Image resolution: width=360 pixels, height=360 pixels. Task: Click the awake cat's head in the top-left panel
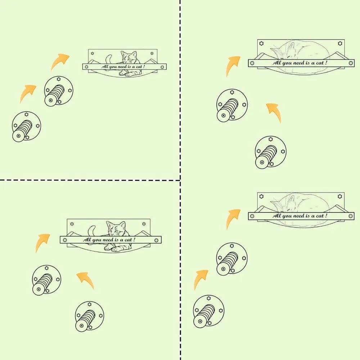point(129,57)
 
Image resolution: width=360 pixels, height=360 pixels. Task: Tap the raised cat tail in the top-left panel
point(109,58)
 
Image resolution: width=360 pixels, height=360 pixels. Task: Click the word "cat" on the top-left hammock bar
point(139,67)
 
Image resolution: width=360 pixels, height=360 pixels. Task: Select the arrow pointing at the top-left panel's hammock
point(60,62)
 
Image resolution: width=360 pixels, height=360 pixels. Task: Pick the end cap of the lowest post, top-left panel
point(18,136)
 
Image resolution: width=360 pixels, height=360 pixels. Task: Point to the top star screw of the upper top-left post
point(59,79)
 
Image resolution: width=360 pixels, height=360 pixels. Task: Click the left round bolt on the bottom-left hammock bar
point(65,240)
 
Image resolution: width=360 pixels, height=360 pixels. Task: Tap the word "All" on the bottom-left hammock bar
point(87,240)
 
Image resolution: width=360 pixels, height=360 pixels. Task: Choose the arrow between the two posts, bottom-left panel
point(86,280)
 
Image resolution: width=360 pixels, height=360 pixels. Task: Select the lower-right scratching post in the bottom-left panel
point(89,316)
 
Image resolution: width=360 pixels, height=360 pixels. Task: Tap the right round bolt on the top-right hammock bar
point(351,63)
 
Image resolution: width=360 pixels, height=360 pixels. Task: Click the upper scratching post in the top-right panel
point(232,105)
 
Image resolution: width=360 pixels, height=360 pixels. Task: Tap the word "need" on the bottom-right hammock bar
point(301,216)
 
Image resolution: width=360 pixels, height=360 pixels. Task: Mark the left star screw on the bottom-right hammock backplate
point(261,197)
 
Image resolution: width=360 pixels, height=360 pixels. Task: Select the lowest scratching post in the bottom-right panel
point(209,311)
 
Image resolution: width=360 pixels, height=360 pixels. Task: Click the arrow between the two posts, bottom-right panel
point(201,280)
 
